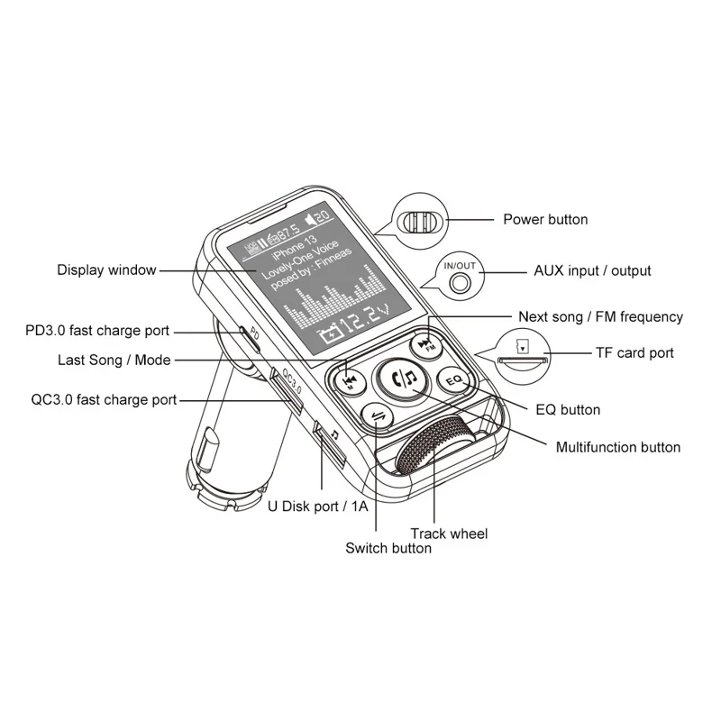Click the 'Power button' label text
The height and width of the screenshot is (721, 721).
pos(544,219)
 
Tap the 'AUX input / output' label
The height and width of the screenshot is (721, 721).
pos(592,270)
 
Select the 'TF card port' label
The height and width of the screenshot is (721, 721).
pos(634,352)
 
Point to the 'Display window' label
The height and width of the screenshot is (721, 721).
pos(106,269)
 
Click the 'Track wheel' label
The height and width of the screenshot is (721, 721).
pos(449,534)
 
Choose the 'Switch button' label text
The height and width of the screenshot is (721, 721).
pos(388,548)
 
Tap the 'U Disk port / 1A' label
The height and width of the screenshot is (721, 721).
pos(318,506)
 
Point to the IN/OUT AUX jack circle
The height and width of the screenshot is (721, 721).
pos(460,281)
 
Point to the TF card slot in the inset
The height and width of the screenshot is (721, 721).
pos(522,360)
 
